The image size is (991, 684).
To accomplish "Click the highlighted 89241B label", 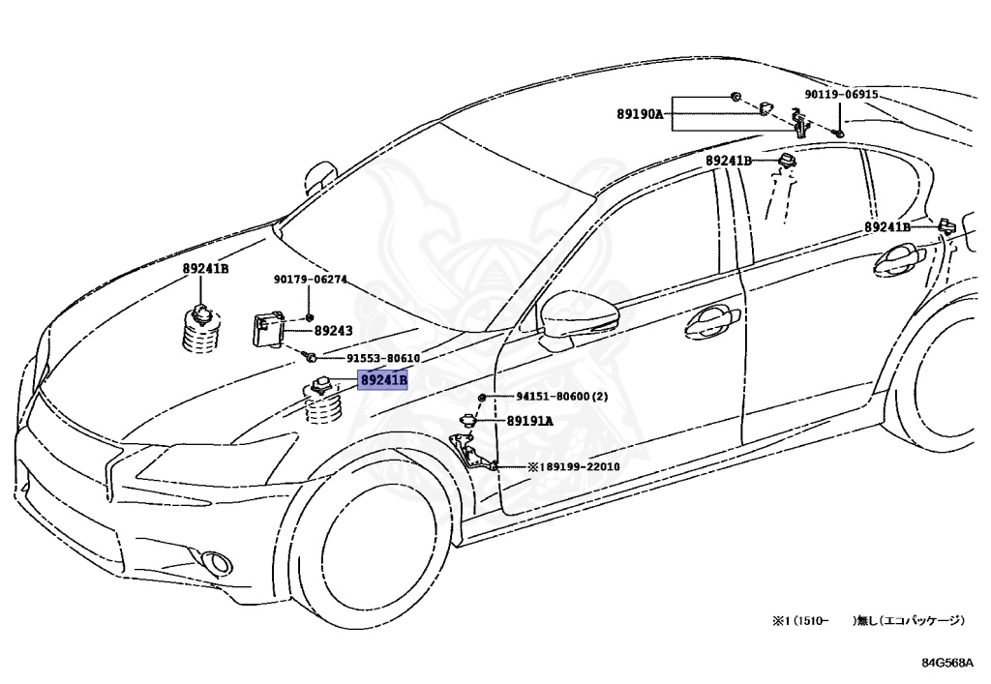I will coord(383,380).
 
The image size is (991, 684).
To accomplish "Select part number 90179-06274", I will coord(310,281).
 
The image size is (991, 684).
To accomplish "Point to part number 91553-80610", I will coord(365,358).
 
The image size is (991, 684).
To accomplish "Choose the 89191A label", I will coord(530,421).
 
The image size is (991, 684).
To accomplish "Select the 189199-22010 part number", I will coord(579,466).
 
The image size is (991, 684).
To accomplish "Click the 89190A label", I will coord(640,114).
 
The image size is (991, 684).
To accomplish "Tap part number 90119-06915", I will coord(841,95).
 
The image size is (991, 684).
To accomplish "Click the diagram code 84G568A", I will coord(950,664).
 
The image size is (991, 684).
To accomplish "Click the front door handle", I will coord(712,322).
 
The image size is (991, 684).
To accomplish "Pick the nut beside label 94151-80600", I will coord(482,398).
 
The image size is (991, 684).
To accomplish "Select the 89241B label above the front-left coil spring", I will coord(205,269).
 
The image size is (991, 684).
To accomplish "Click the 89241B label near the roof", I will coord(728,161).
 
